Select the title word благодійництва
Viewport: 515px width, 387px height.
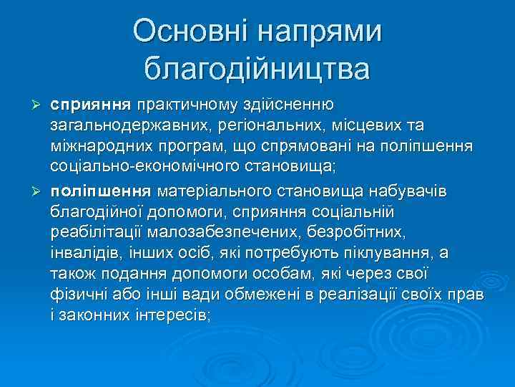click(x=257, y=70)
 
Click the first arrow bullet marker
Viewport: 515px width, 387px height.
click(x=39, y=106)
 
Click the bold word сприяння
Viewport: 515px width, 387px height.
click(x=91, y=106)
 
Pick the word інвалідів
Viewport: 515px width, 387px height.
click(x=85, y=253)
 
